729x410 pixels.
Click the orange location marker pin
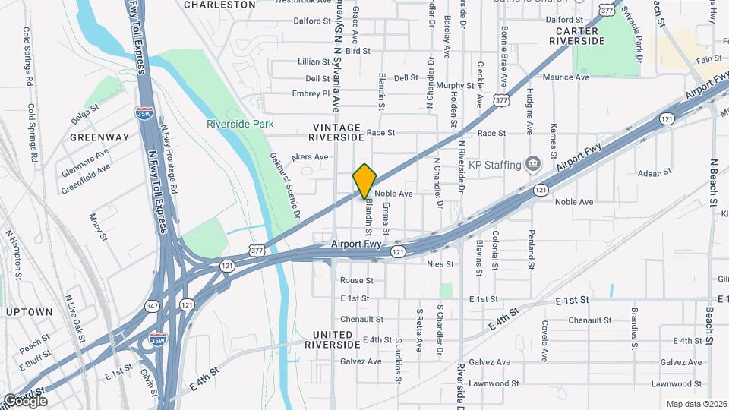pyautogui.click(x=364, y=181)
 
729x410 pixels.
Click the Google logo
pyautogui.click(x=25, y=401)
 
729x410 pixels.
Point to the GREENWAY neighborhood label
pyautogui.click(x=99, y=137)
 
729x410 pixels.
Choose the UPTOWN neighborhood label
pyautogui.click(x=30, y=312)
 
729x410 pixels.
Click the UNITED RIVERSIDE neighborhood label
pyautogui.click(x=333, y=339)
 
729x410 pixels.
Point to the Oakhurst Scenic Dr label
pyautogui.click(x=286, y=186)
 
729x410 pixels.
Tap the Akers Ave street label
pyautogui.click(x=310, y=157)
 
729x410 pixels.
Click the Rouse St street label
pyautogui.click(x=356, y=280)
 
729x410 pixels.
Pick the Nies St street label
pyautogui.click(x=440, y=264)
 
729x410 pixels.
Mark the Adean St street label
pyautogui.click(x=650, y=173)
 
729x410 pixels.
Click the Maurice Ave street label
pyautogui.click(x=566, y=77)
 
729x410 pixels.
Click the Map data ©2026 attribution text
pyautogui.click(x=696, y=404)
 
